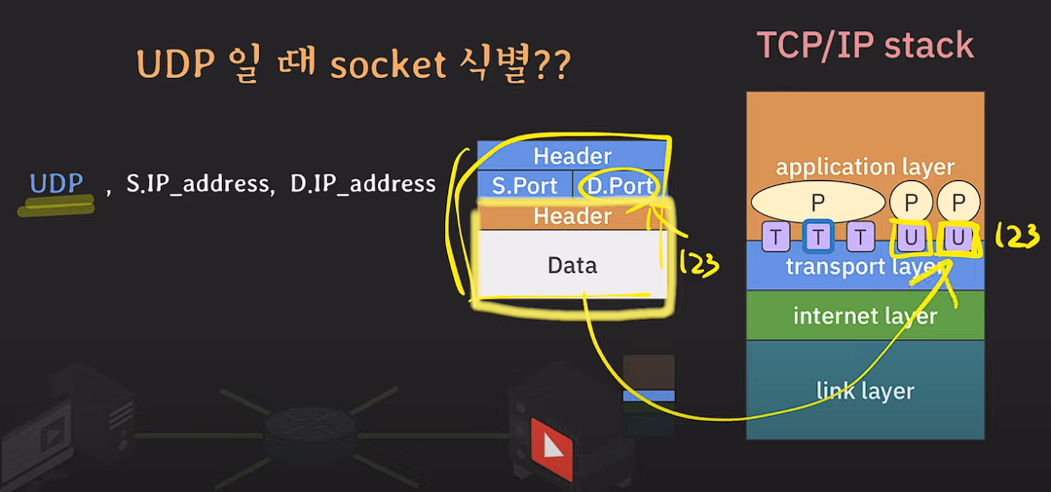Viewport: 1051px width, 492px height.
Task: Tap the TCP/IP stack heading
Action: (x=865, y=45)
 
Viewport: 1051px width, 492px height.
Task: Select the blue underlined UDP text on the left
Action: (x=56, y=183)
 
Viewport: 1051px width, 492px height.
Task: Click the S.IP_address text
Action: (x=200, y=183)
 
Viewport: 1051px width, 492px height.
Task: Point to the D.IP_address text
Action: (x=363, y=183)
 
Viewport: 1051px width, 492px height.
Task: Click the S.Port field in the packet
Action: (x=524, y=186)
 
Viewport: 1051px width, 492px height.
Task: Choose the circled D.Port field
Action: (x=619, y=186)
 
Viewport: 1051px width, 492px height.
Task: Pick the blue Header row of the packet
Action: (x=572, y=156)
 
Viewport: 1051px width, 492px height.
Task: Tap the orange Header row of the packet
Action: (x=572, y=215)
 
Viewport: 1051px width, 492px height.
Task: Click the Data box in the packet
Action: (x=572, y=264)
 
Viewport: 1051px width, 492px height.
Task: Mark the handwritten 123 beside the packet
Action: (x=697, y=261)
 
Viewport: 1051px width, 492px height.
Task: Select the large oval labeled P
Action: (x=816, y=202)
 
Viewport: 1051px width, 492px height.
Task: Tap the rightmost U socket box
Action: (x=958, y=236)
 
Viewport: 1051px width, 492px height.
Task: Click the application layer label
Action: (x=865, y=167)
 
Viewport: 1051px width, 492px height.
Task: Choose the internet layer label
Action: (x=865, y=316)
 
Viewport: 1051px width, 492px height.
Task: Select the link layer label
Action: (x=865, y=391)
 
